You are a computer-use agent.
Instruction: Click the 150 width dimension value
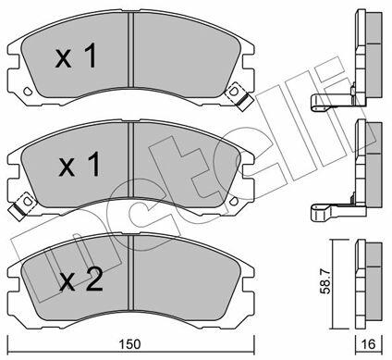(130, 344)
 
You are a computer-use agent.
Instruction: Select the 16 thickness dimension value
(369, 344)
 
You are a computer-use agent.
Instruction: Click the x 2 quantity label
(80, 279)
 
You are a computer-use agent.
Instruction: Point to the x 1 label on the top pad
(76, 56)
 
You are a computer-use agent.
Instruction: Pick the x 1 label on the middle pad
(80, 165)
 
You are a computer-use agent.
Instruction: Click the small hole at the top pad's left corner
(28, 91)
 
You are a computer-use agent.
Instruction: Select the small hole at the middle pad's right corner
(234, 200)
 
